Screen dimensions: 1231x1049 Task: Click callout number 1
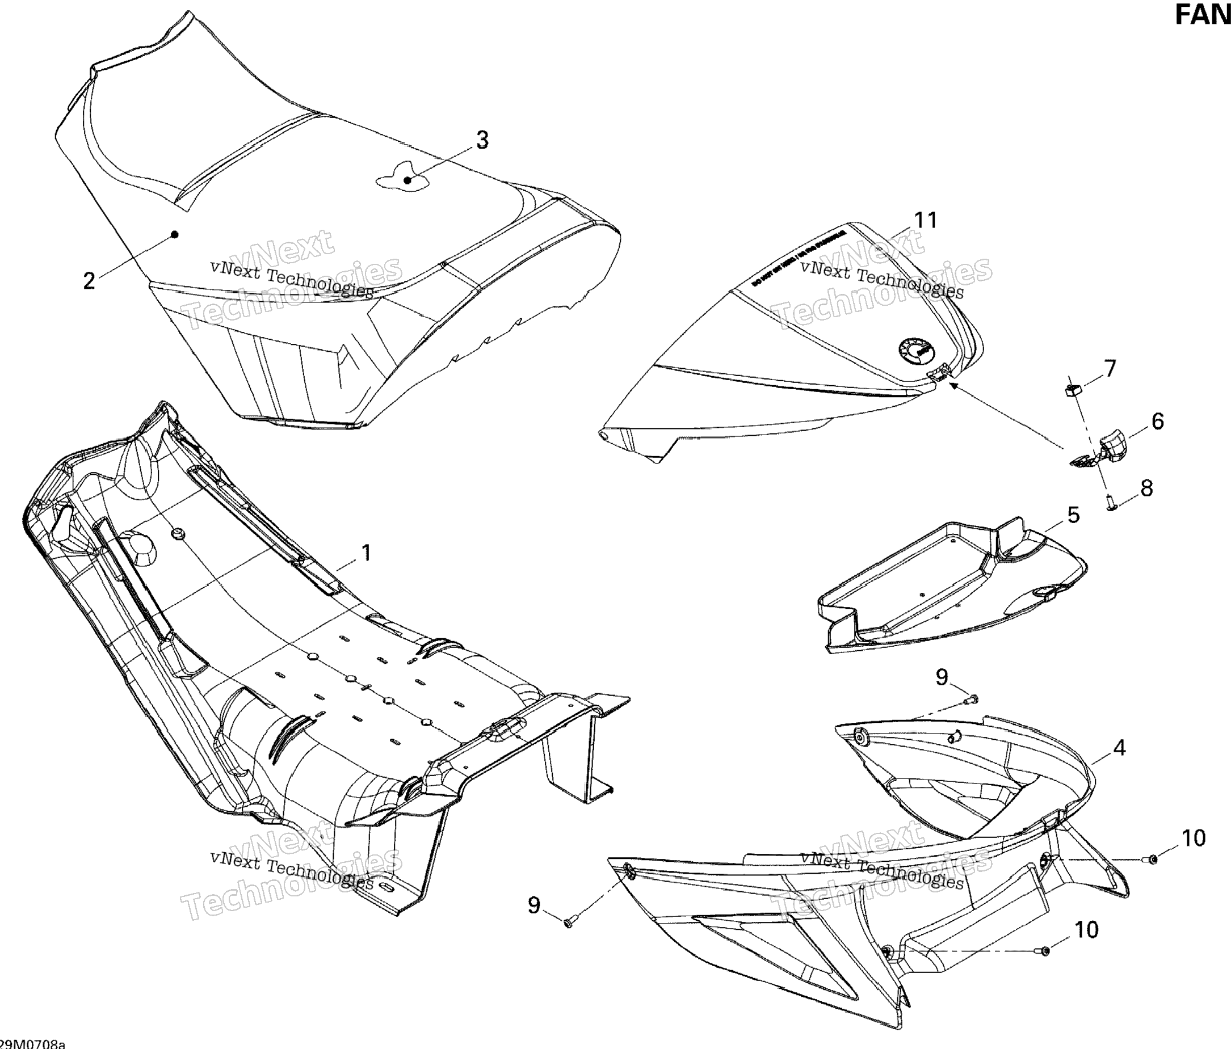coord(367,553)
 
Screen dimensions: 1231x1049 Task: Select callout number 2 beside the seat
coord(89,280)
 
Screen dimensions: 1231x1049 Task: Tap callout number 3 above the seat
coord(482,140)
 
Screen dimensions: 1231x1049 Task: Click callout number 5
coord(1074,515)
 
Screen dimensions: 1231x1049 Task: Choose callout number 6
coord(1158,421)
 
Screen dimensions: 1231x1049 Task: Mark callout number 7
coord(1110,369)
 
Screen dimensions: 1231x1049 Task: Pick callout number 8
coord(1146,488)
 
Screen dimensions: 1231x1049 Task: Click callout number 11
coord(926,220)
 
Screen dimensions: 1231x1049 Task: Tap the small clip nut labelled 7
coord(1072,390)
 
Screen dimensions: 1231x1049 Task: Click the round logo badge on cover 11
coord(914,355)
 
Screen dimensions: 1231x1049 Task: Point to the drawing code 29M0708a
coord(33,1044)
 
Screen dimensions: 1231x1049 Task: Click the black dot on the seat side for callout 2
coord(175,235)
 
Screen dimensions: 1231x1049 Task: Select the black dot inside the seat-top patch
coord(407,180)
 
